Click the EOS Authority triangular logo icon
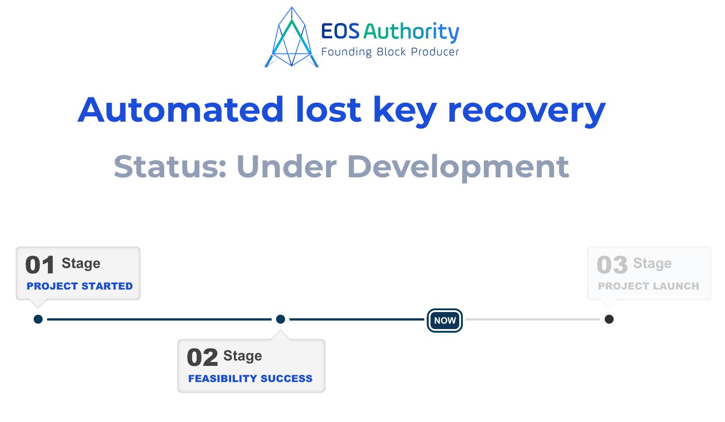(x=292, y=38)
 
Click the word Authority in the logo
(x=411, y=32)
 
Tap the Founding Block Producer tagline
(x=390, y=52)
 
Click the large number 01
(x=40, y=265)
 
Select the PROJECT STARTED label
(x=79, y=286)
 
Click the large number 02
(x=202, y=357)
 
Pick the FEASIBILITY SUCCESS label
(x=250, y=378)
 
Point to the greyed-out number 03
(x=612, y=265)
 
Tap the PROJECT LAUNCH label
(x=648, y=286)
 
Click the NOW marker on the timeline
(x=444, y=320)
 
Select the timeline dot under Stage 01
(x=38, y=319)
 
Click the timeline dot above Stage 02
(x=281, y=319)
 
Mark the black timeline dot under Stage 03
(x=609, y=319)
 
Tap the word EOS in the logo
(x=340, y=31)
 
